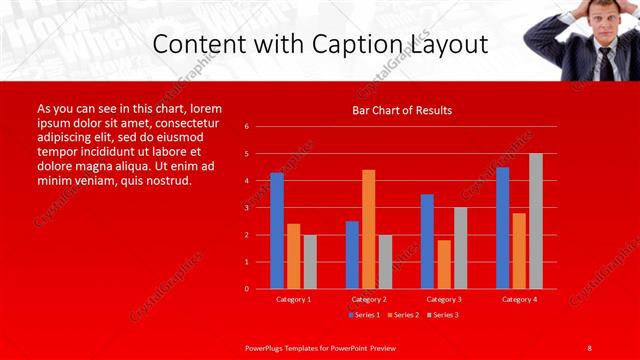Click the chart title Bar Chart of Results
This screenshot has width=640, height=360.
coord(401,110)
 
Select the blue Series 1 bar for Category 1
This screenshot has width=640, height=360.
coord(276,231)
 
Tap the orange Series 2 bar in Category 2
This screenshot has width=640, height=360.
coord(368,229)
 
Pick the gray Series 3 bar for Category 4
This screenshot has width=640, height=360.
coord(536,221)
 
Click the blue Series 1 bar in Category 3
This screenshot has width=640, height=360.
coord(427,241)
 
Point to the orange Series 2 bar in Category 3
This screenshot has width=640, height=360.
coord(443,264)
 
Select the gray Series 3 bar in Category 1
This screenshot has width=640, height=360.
coord(310,262)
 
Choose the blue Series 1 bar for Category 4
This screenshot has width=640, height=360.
coord(502,228)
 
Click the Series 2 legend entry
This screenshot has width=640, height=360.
coord(403,315)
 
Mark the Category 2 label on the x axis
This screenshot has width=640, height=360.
coord(369,299)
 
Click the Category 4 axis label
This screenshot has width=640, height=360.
coord(519,299)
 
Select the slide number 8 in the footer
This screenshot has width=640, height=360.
coord(589,347)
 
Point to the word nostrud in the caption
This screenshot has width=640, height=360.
coord(168,181)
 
